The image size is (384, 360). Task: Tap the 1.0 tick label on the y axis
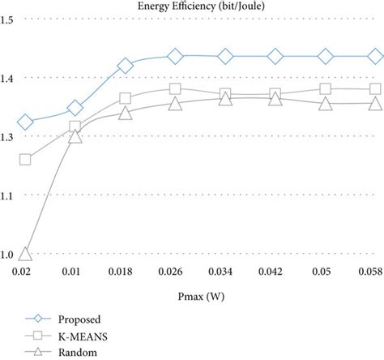click(7, 255)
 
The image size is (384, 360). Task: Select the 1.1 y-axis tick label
click(7, 195)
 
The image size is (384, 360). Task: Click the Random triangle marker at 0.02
click(25, 254)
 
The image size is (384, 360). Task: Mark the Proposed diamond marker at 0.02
click(25, 122)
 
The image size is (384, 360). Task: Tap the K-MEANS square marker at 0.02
click(25, 159)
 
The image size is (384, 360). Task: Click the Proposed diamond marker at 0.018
click(126, 66)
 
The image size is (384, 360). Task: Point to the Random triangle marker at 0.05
click(326, 104)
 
